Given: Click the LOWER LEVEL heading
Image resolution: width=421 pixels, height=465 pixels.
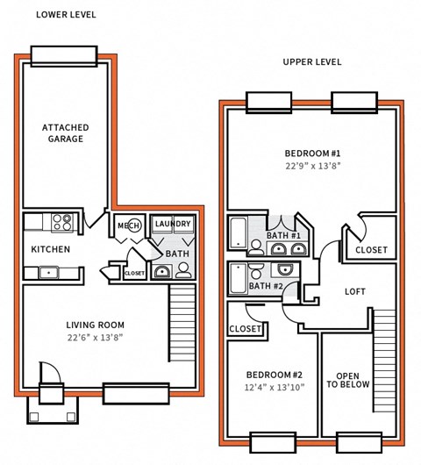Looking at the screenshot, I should coord(66,15).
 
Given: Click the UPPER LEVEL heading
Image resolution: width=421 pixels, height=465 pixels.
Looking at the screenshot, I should coord(311,62).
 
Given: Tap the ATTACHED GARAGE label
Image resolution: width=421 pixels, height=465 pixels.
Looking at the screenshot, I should coord(66,133).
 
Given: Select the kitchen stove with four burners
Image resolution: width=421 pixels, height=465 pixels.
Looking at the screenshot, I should coord(63,223).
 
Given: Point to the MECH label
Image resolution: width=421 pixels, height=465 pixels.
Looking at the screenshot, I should coord(129,225).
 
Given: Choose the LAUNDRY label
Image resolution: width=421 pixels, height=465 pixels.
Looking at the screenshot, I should coord(172,224).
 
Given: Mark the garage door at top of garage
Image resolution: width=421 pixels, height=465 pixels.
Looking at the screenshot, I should coord(62,56).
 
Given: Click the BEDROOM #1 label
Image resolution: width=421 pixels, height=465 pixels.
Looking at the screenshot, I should coord(311,153).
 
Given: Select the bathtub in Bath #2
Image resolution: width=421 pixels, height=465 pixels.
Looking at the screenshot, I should coord(239,279).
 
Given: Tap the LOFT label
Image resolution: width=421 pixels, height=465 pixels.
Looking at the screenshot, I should coord(354,291).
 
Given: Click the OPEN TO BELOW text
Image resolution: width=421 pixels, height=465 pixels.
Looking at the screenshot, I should coord(348,379).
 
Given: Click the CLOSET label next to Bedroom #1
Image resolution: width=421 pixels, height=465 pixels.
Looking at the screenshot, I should coord(371,250).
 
